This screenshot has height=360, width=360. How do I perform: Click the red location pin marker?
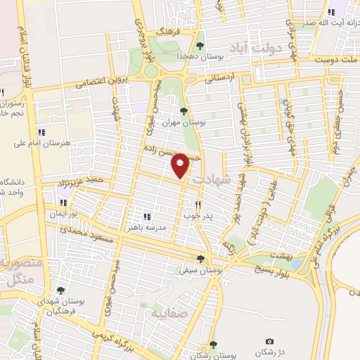(x=180, y=165)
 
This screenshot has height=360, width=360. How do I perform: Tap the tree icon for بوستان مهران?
(x=184, y=111)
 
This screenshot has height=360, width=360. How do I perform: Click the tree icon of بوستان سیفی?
(x=201, y=259)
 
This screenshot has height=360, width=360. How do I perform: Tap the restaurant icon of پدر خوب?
(x=198, y=205)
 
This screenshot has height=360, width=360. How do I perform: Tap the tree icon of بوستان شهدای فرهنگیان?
(x=60, y=290)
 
